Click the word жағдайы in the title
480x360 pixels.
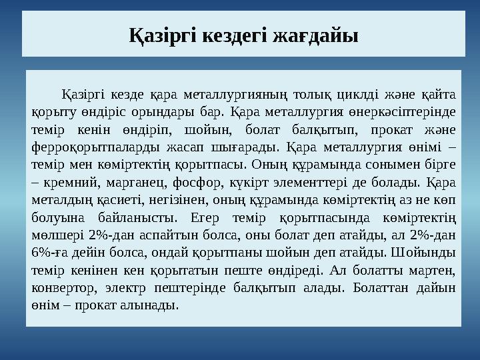(317, 33)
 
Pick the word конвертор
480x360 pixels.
(59, 288)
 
